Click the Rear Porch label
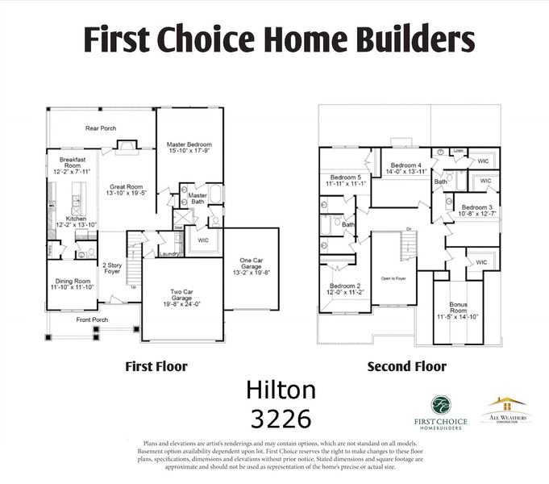(x=101, y=127)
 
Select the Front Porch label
(x=93, y=319)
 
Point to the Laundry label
(x=169, y=254)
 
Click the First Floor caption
(x=156, y=367)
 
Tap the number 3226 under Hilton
(x=281, y=419)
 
